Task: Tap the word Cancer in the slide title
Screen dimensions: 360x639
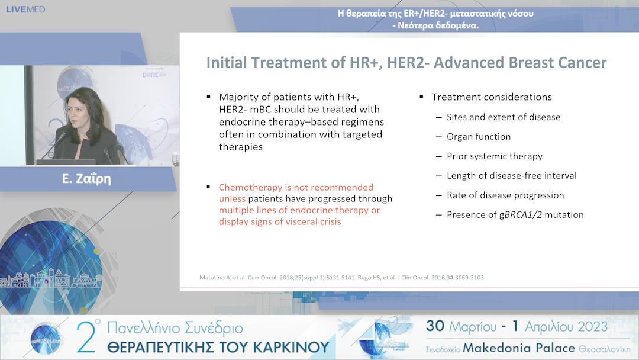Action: tap(583, 63)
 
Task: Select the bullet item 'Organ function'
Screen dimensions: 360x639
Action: tap(479, 137)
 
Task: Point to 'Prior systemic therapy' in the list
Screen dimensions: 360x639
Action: tap(495, 156)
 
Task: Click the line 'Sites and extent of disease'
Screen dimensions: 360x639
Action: tap(504, 117)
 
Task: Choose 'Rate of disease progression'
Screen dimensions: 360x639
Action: tap(505, 195)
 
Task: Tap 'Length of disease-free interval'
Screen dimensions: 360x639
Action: tap(512, 176)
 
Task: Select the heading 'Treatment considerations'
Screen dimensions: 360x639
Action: tap(492, 97)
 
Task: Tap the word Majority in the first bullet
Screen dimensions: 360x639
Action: tap(238, 97)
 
